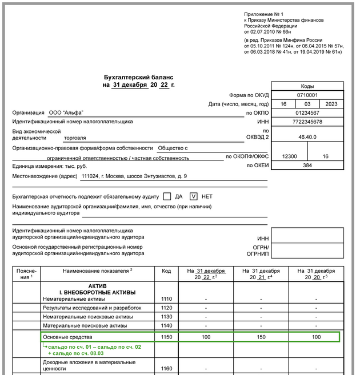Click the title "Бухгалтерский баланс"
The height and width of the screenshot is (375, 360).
pos(138,76)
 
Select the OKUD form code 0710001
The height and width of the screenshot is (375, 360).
pos(307,95)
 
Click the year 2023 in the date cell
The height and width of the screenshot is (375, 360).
pos(331,104)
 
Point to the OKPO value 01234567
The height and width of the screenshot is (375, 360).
pos(307,113)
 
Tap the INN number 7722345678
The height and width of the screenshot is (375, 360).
pos(307,122)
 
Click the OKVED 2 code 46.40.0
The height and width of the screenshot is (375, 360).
pos(307,138)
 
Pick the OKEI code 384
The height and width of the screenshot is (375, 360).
pos(307,165)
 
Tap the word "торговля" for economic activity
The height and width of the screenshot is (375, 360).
pos(76,138)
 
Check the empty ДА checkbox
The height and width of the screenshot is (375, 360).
pos(167,196)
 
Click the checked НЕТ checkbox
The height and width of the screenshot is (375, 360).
pos(194,196)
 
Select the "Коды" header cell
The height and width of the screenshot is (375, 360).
pos(307,86)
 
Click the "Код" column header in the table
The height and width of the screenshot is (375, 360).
pos(166,271)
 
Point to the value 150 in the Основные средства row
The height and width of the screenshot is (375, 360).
pos(261,337)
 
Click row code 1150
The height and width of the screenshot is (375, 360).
pos(166,337)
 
